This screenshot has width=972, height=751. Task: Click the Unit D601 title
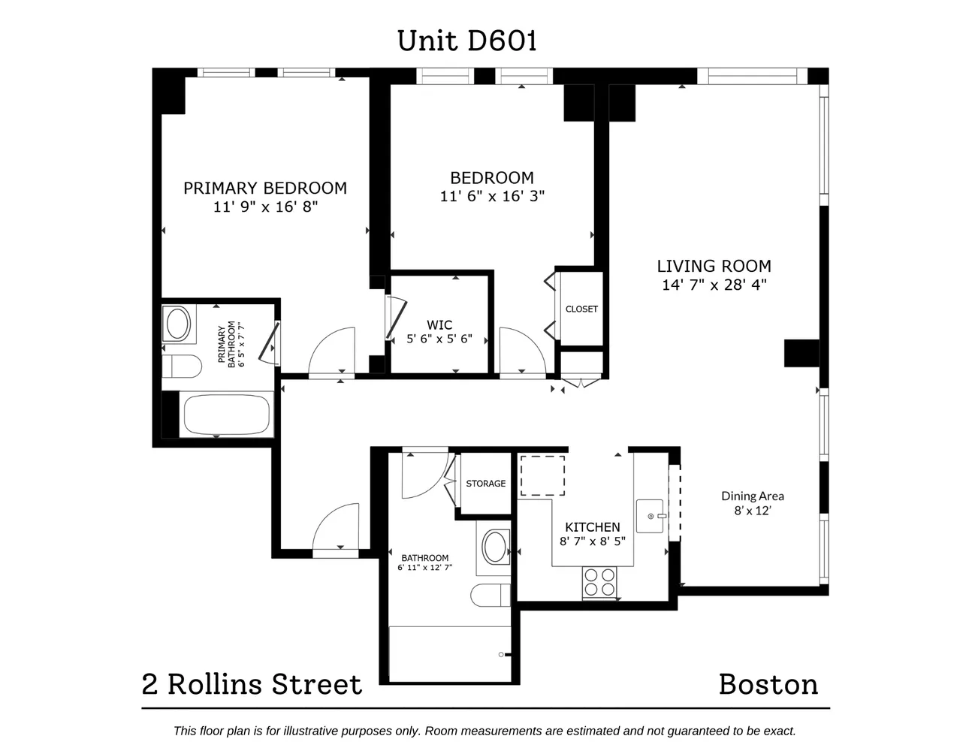pos(467,41)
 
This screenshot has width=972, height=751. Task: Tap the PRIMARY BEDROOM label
pos(265,188)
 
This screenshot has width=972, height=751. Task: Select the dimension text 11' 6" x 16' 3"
pos(492,196)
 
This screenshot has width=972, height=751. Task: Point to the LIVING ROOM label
pos(714,266)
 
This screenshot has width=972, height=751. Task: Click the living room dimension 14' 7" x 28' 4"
pos(714,285)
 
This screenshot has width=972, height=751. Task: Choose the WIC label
pos(439,324)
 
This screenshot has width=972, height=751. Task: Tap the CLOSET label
pos(581,309)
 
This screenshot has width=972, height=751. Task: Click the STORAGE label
pos(485,483)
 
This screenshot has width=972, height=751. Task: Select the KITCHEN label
pos(592,527)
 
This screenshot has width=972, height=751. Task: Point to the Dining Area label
pos(752,496)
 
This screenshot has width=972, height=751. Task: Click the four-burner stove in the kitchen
pos(599,582)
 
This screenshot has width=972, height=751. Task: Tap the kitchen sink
pos(650,516)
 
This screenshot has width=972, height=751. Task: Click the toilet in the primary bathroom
pos(182,367)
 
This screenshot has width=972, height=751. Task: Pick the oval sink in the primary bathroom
pos(178,324)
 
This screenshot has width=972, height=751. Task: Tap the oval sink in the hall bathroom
pos(494,547)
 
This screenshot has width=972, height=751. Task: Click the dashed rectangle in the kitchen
pos(542,475)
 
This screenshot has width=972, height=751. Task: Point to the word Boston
pos(768,684)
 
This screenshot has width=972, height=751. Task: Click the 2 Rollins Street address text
pos(252,684)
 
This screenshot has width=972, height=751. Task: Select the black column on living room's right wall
pos(801,353)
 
